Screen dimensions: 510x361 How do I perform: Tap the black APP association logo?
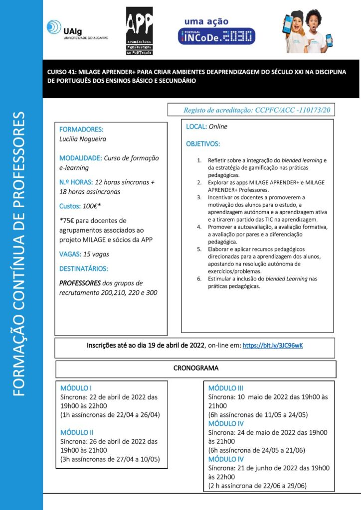(140, 30)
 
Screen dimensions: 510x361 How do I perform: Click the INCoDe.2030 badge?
(216, 36)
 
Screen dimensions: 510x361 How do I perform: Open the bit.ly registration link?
(273, 345)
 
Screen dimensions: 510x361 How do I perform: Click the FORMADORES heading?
(81, 129)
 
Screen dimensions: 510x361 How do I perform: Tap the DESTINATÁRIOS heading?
(84, 269)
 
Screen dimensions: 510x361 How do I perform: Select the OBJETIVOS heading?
(202, 144)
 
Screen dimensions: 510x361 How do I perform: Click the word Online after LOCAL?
(218, 127)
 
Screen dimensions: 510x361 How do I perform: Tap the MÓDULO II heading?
(77, 432)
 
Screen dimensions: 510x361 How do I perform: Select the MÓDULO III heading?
(225, 388)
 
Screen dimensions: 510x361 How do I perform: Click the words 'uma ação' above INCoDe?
(206, 21)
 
